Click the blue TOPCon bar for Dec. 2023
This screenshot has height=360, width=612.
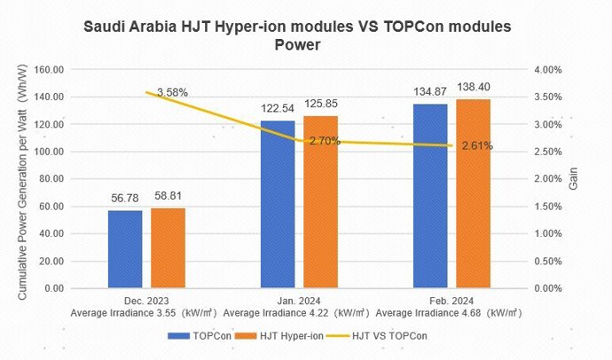[125, 249]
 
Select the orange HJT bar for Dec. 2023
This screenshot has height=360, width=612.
[168, 248]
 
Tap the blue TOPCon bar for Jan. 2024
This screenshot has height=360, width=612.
[278, 204]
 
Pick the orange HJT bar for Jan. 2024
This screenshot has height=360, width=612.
[319, 202]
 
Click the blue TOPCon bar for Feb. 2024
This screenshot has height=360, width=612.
[431, 196]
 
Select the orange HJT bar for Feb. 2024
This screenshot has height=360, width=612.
[473, 193]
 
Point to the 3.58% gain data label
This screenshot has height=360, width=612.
[172, 92]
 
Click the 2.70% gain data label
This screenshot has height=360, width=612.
[325, 140]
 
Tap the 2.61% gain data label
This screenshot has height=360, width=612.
[477, 145]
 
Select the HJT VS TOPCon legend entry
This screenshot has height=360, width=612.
[381, 336]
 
